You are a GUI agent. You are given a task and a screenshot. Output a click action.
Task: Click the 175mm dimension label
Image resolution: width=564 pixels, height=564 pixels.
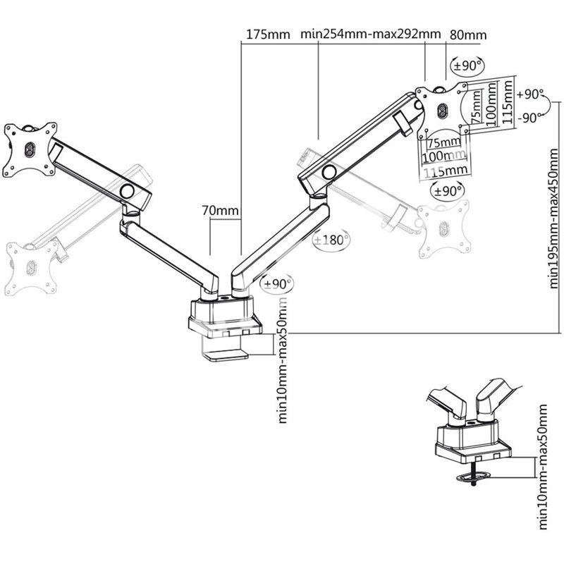(268, 35)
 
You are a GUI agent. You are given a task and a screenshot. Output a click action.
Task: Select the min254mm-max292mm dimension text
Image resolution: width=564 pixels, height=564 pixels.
(371, 34)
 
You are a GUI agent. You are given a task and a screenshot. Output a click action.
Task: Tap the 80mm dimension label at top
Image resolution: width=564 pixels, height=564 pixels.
(468, 35)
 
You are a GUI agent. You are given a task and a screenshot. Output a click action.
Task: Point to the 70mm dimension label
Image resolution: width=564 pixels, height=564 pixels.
(220, 210)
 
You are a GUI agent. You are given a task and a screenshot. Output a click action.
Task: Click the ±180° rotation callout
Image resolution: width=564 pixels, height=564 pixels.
(331, 240)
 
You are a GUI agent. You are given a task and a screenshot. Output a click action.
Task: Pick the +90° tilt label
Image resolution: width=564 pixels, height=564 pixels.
(530, 94)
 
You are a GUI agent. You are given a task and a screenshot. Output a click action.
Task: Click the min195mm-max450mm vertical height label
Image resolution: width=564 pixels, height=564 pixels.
(554, 218)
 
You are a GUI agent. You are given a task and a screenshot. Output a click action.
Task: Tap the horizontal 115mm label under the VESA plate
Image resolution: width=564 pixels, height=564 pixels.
(446, 171)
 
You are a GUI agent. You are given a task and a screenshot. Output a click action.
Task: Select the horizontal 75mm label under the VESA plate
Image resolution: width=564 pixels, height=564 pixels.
(444, 142)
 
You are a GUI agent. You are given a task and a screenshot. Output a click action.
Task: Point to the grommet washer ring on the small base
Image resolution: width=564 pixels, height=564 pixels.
(472, 478)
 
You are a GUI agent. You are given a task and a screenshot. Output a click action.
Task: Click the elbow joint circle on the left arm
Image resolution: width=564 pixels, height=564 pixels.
(127, 190)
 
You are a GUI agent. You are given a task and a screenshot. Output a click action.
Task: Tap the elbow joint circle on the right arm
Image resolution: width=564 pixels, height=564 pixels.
(329, 171)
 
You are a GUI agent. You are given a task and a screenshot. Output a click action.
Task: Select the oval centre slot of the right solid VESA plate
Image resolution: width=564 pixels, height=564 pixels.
(443, 110)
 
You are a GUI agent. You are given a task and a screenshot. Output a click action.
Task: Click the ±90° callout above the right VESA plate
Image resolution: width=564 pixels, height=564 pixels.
(467, 66)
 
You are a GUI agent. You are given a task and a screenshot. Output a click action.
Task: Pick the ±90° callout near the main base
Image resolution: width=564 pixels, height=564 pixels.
(277, 284)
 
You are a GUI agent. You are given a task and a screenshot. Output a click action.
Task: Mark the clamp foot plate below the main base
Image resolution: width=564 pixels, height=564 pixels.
(226, 356)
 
